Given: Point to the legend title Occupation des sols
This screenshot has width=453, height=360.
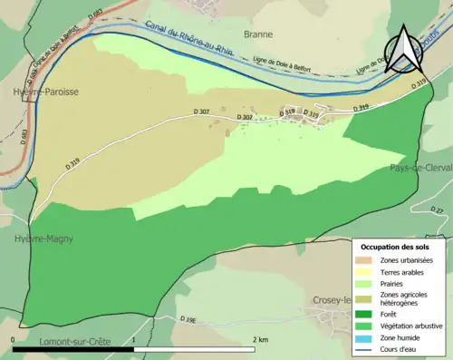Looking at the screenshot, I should coord(396,247).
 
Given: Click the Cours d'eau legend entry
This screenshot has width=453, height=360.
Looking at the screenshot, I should coord(400,347).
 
